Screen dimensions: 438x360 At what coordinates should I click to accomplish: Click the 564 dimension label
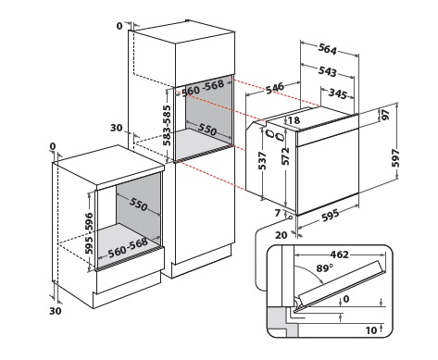328,49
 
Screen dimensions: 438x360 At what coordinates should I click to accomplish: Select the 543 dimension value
328,71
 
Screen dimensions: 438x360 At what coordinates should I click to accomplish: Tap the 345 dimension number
337,93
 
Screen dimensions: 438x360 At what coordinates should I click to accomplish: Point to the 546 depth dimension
275,88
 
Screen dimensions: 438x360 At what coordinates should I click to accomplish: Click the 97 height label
386,115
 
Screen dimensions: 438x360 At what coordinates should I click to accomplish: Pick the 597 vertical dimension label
395,158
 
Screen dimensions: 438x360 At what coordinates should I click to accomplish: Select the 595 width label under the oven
331,216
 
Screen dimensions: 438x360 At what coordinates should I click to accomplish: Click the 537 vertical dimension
262,161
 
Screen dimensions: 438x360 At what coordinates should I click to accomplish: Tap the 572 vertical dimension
285,156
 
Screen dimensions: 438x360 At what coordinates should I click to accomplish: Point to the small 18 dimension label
294,120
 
